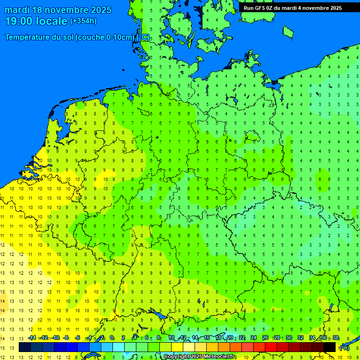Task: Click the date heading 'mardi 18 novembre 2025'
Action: coord(58,10)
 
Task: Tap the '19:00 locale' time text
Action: coord(36,21)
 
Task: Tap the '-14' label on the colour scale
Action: coord(32,338)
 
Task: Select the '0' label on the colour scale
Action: coord(112,338)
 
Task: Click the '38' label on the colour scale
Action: coord(336,338)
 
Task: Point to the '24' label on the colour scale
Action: coord(254,338)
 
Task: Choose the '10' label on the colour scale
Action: coord(172,338)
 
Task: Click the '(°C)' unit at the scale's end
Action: coord(345,347)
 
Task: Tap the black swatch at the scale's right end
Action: coord(330,347)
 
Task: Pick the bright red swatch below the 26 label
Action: coord(271,347)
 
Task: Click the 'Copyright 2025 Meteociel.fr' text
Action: coord(199,357)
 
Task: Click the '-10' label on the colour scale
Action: coord(55,338)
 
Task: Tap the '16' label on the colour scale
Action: coord(207,338)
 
